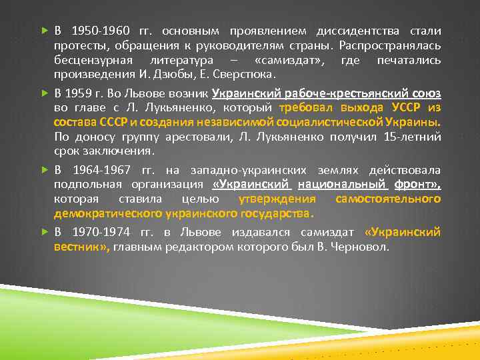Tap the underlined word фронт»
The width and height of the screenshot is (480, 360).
pos(413,185)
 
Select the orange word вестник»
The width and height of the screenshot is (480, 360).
pos(82,247)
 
